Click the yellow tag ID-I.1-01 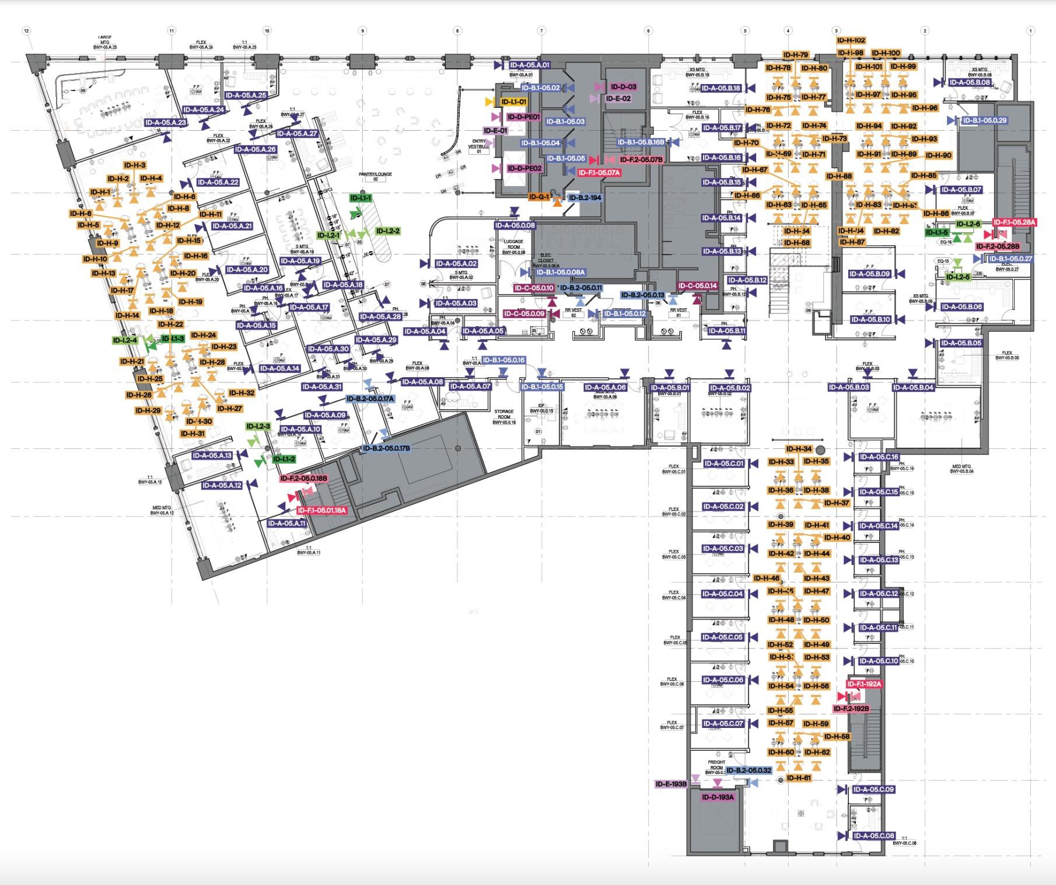click(x=514, y=102)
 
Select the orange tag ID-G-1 click(x=539, y=197)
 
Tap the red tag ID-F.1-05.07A click(x=599, y=173)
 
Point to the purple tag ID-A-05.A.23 click(x=166, y=123)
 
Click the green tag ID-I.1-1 click(x=361, y=198)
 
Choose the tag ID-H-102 click(x=851, y=40)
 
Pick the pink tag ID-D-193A click(x=718, y=797)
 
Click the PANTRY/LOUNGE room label click(x=375, y=177)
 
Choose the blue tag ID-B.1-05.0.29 click(x=984, y=120)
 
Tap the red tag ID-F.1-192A click(x=864, y=684)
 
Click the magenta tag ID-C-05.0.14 click(x=698, y=286)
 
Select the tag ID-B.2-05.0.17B click(x=386, y=448)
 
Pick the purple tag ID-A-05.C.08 click(x=873, y=835)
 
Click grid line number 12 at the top click(x=26, y=30)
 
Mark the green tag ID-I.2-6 click(x=968, y=224)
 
